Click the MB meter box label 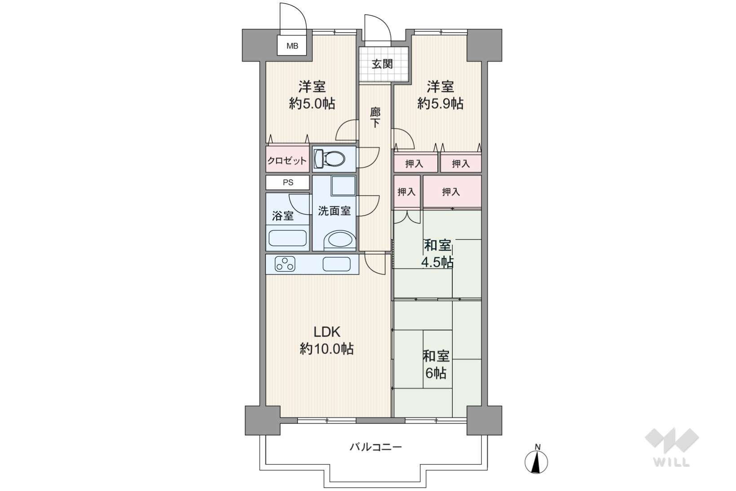point(292,46)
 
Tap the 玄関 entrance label point(382,64)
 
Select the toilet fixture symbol point(329,159)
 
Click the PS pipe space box point(287,182)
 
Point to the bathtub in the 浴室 point(287,238)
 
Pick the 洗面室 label point(334,211)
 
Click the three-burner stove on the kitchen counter point(285,264)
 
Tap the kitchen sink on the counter point(336,264)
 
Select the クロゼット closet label point(287,161)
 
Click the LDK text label point(326,332)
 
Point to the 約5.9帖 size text point(440,104)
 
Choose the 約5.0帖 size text point(312,104)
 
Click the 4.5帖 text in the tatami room point(437,262)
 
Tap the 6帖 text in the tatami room point(436,373)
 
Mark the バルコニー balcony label point(375,447)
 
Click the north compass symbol point(536,459)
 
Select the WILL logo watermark point(672,447)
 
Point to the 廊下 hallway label point(375,117)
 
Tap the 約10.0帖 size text point(326,349)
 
